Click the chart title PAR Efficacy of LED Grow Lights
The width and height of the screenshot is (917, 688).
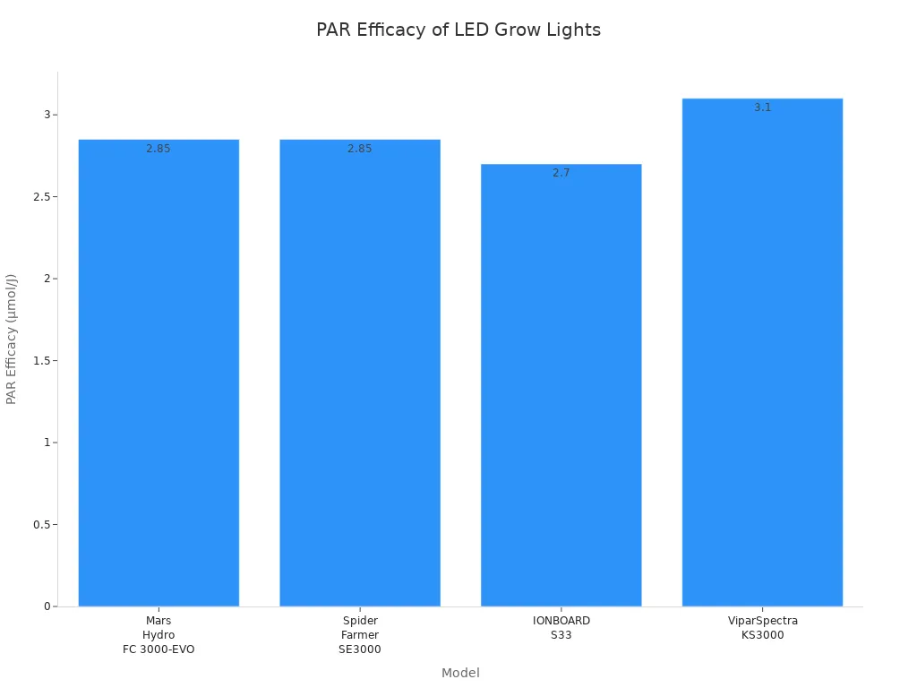point(458,30)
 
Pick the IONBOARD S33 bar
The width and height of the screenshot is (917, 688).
point(561,385)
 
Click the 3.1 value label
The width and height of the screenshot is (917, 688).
point(762,107)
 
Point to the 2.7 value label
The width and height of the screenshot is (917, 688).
point(561,173)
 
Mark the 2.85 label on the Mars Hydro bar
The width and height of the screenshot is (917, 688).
point(159,149)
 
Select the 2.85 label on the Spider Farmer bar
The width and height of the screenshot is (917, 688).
point(360,149)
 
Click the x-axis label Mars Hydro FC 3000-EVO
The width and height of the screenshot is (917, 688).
point(159,635)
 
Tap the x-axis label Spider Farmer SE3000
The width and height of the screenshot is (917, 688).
point(360,635)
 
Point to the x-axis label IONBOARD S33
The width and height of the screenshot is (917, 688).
point(561,628)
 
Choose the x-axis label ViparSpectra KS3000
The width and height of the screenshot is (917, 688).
point(762,628)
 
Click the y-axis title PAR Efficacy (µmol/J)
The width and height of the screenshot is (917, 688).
point(13,339)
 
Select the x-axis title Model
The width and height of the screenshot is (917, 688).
point(460,674)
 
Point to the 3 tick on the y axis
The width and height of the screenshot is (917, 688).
point(47,115)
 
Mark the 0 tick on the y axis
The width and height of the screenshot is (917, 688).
point(47,606)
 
